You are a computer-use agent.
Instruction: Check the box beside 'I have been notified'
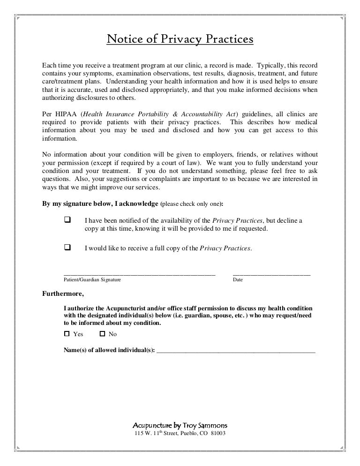coord(67,220)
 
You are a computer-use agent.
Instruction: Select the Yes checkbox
coord(67,334)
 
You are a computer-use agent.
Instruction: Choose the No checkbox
coord(103,334)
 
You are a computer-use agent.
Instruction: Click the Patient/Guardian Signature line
coord(139,273)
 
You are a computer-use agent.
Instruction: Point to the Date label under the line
coord(238,280)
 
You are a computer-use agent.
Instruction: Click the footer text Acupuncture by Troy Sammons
coord(180,426)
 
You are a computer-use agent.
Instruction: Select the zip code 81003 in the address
coord(218,434)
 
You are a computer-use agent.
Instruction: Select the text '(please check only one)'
coord(191,204)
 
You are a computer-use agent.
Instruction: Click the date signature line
coord(271,273)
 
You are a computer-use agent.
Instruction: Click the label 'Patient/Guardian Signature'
coord(92,280)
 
